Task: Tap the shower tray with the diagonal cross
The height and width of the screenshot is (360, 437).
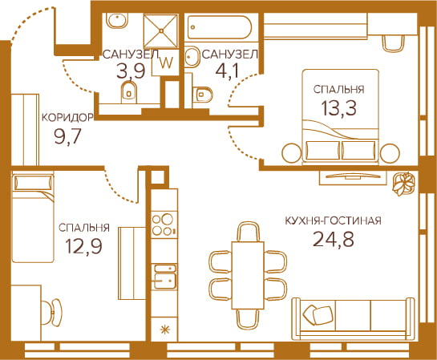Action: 161,30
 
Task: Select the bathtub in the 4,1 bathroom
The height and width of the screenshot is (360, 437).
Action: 220,27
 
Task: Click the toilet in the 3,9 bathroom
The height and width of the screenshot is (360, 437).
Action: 129,92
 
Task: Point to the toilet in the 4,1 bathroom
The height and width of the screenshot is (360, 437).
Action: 203,95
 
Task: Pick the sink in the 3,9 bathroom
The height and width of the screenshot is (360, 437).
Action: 118,21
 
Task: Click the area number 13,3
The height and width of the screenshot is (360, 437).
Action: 338,107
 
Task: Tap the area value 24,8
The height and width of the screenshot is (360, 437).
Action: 334,240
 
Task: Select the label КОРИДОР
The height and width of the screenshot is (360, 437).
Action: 67,118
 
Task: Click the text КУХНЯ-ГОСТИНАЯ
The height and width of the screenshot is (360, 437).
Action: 333,221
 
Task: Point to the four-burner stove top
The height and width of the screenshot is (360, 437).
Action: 164,224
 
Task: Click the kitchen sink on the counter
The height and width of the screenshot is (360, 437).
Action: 165,277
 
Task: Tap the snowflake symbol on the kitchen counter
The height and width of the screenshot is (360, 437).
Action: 164,330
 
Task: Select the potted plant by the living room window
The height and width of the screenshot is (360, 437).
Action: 403,184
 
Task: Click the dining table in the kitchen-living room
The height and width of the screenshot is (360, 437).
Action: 248,275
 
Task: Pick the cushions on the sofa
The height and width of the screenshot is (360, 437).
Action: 318,314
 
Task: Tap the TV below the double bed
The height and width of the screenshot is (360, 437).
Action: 353,176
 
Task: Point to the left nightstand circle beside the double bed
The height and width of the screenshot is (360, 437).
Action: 292,152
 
